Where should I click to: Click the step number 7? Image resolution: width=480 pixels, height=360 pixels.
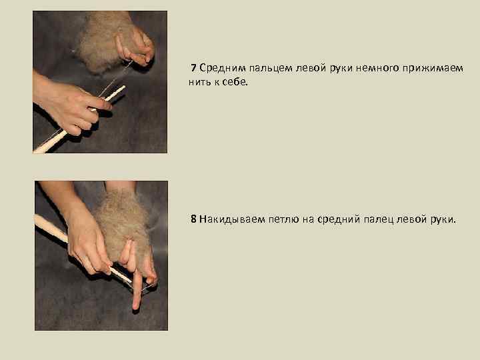pyautogui.click(x=193, y=67)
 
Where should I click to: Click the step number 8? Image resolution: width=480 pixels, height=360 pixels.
pyautogui.click(x=193, y=219)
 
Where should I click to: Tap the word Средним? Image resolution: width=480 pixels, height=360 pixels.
pyautogui.click(x=223, y=68)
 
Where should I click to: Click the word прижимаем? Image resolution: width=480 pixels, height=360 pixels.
pyautogui.click(x=433, y=69)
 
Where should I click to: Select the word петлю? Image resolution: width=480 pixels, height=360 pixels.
pyautogui.click(x=283, y=219)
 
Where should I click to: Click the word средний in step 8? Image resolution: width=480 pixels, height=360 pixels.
pyautogui.click(x=339, y=220)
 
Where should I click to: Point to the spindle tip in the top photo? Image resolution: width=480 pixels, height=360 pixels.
pyautogui.click(x=124, y=87)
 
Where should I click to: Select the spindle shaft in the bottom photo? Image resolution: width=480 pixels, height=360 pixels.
pyautogui.click(x=83, y=249)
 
